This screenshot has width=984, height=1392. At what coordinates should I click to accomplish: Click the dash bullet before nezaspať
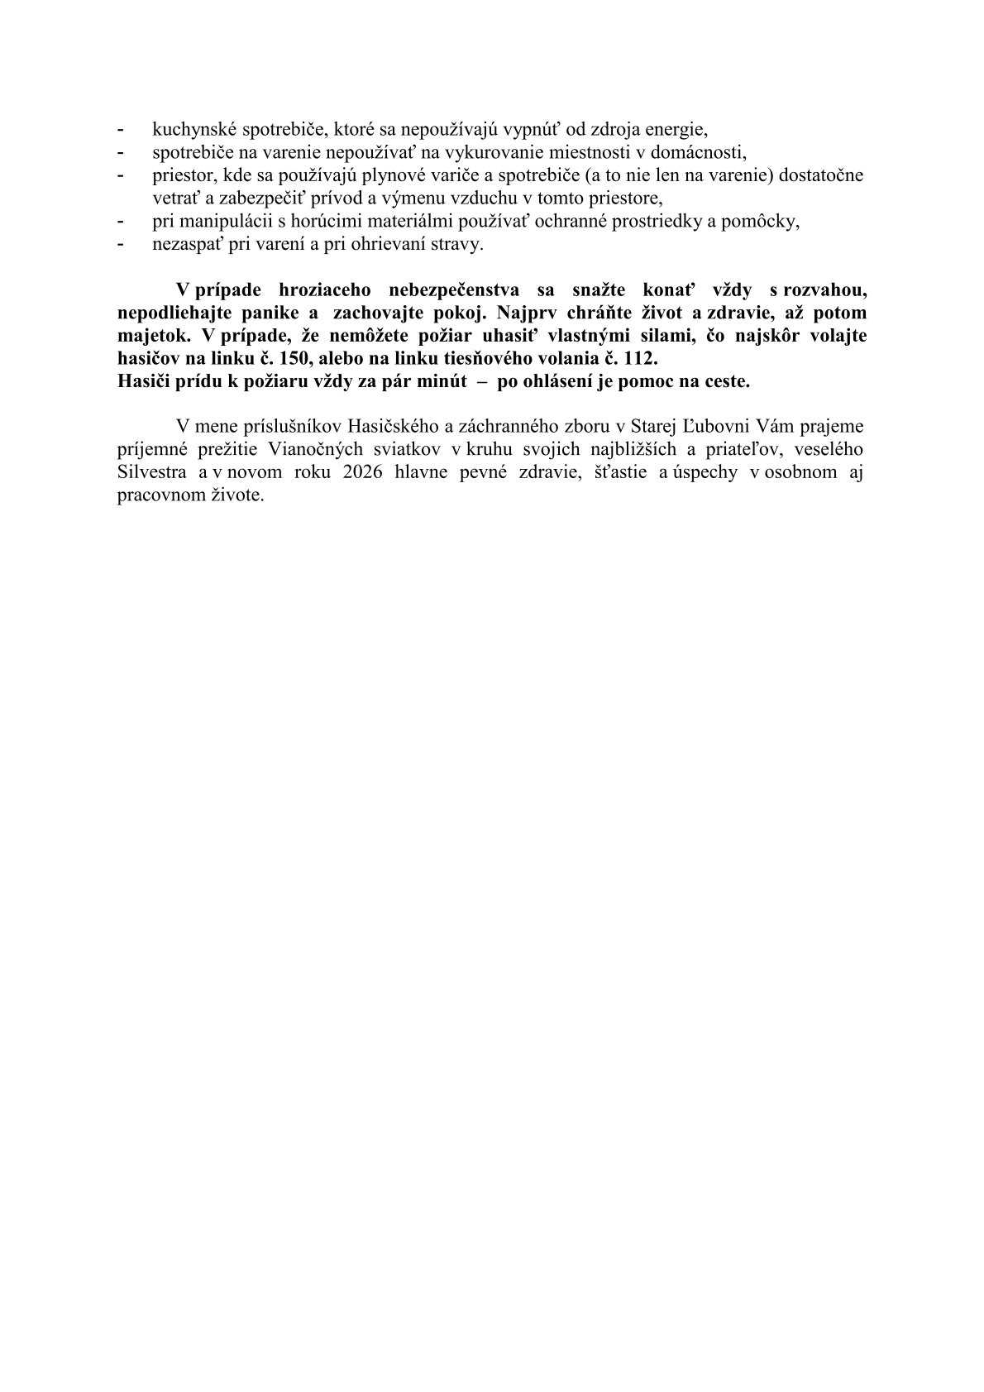pos(122,245)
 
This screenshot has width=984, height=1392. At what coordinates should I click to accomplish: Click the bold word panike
pos(270,314)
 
